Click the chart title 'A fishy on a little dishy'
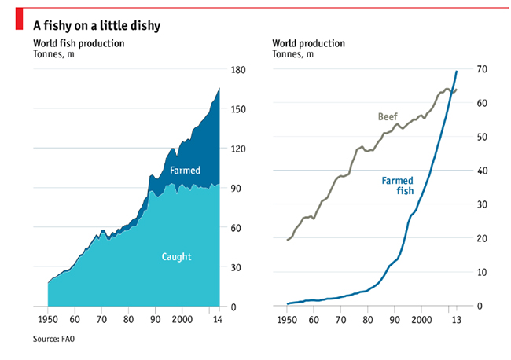[x=97, y=25]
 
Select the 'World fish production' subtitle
[x=79, y=43]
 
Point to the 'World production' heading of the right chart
[x=308, y=43]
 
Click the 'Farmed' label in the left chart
[x=185, y=170]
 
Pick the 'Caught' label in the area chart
[x=177, y=256]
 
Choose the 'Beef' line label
[x=388, y=117]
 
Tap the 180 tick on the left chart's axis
[x=237, y=71]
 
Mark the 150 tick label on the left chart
[x=237, y=110]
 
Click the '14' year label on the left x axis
[x=217, y=321]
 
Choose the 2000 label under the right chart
[x=421, y=321]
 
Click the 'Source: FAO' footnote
[x=58, y=340]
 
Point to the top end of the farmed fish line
[x=457, y=72]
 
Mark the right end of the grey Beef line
[x=457, y=90]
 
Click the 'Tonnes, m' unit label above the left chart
[x=53, y=54]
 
